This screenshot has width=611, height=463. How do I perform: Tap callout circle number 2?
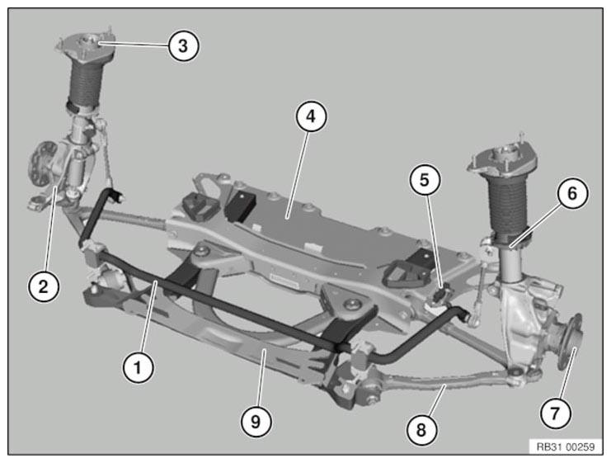(43, 286)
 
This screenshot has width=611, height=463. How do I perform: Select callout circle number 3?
(182, 45)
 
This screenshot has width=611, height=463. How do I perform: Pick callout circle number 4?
(310, 117)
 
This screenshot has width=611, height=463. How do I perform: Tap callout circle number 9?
(256, 421)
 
